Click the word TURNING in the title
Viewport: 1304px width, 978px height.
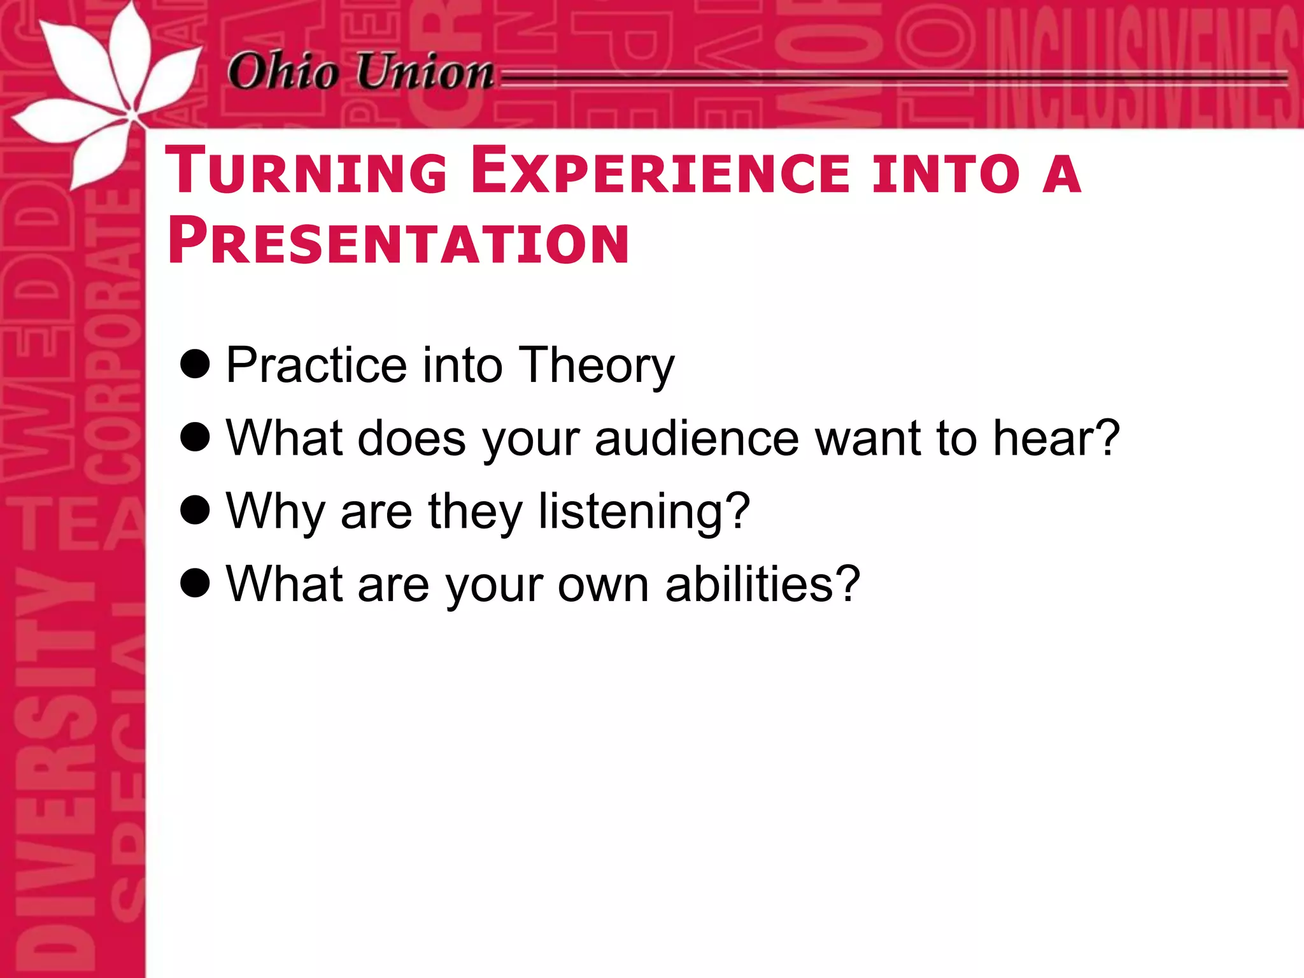(306, 171)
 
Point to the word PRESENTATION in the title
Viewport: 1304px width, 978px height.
(399, 241)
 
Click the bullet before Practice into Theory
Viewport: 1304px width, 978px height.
(195, 364)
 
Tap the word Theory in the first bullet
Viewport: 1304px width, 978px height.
(596, 365)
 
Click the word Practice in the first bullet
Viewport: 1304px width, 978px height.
(316, 365)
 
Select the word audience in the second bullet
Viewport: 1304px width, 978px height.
(697, 439)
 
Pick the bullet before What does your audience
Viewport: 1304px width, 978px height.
(195, 437)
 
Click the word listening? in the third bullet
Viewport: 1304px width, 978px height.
(644, 512)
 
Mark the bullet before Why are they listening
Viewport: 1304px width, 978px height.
(195, 511)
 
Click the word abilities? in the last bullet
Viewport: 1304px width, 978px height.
(763, 585)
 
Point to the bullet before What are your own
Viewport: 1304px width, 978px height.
(195, 583)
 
